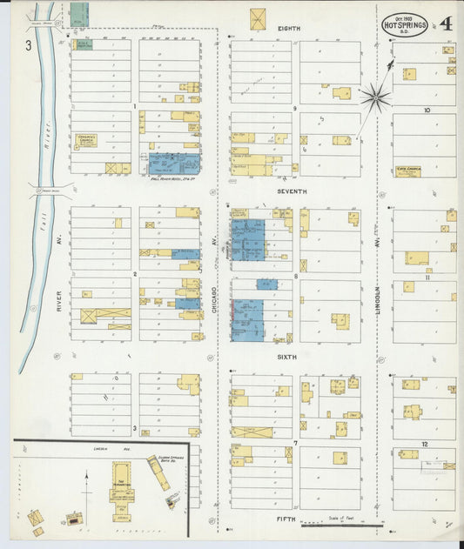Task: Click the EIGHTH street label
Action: click(x=289, y=29)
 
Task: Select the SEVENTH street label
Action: click(x=289, y=192)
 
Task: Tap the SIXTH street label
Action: click(x=287, y=357)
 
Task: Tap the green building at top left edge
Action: click(x=79, y=14)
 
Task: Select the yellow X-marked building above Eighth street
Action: click(x=259, y=19)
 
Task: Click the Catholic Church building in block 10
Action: click(x=408, y=171)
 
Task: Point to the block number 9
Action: click(x=296, y=109)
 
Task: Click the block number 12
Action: click(x=424, y=444)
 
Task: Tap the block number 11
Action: click(x=427, y=278)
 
